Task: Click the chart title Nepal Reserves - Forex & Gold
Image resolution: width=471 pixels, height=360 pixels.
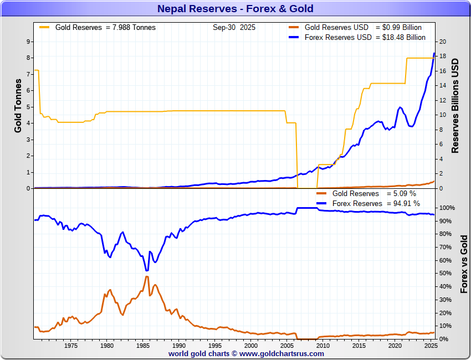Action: click(235, 8)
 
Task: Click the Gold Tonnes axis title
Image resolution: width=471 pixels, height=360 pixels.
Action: click(18, 105)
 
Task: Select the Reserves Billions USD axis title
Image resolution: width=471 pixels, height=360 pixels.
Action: click(455, 105)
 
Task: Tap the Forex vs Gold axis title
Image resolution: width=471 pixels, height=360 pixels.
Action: click(464, 264)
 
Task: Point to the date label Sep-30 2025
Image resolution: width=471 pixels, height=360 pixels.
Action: click(234, 27)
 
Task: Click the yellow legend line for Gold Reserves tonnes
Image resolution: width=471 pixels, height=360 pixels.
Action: click(44, 27)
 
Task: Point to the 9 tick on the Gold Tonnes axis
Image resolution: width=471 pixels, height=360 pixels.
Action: click(28, 42)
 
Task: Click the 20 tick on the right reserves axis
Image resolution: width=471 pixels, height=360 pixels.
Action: click(442, 42)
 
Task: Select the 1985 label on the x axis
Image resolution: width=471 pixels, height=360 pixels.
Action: click(142, 346)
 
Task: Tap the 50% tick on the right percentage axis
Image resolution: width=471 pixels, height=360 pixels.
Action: click(447, 274)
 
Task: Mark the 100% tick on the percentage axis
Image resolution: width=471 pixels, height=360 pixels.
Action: click(447, 208)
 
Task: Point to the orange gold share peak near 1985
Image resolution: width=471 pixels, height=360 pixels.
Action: click(147, 276)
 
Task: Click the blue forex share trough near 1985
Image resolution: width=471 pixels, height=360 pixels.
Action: click(146, 270)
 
